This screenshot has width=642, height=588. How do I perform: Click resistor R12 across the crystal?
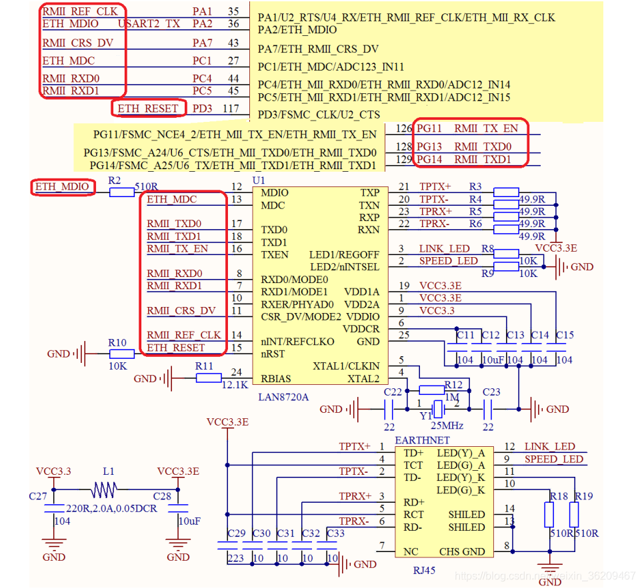[x=431, y=390]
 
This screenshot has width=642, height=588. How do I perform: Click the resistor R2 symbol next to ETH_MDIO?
[x=121, y=192]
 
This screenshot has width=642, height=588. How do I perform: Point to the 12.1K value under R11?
[x=235, y=384]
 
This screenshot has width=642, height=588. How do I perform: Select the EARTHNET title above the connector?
[x=422, y=440]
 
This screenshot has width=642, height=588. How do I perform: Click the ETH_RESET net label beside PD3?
[x=147, y=108]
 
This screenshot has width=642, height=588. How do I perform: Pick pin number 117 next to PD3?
[x=231, y=108]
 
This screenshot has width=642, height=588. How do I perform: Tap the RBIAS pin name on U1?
[x=276, y=379]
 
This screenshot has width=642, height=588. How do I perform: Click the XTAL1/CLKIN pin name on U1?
[x=346, y=366]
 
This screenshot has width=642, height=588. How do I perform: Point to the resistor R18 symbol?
[x=549, y=514]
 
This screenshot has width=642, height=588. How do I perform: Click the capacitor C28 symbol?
[x=178, y=509]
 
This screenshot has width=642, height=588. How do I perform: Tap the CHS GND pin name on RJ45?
[x=462, y=551]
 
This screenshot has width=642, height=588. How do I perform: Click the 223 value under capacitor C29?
[x=235, y=558]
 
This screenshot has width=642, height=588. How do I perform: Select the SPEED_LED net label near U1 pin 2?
[x=448, y=261]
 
